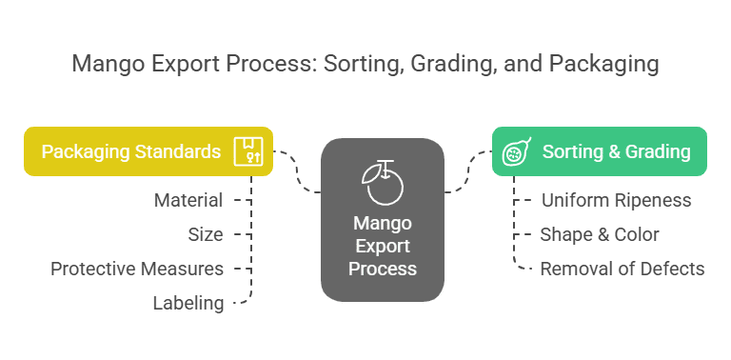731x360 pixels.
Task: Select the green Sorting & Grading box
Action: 599,151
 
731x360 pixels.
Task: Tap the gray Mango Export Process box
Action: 382,220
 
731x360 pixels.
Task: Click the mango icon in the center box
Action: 382,181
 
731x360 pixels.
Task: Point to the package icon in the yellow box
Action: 250,151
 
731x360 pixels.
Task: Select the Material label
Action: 188,200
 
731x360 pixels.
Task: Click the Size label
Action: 205,234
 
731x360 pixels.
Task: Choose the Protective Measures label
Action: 137,269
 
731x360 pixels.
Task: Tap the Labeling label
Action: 188,303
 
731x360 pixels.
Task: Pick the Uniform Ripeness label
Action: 616,200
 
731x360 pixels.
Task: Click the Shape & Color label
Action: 600,234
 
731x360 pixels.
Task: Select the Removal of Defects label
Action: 622,269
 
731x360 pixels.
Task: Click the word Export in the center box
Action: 382,247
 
